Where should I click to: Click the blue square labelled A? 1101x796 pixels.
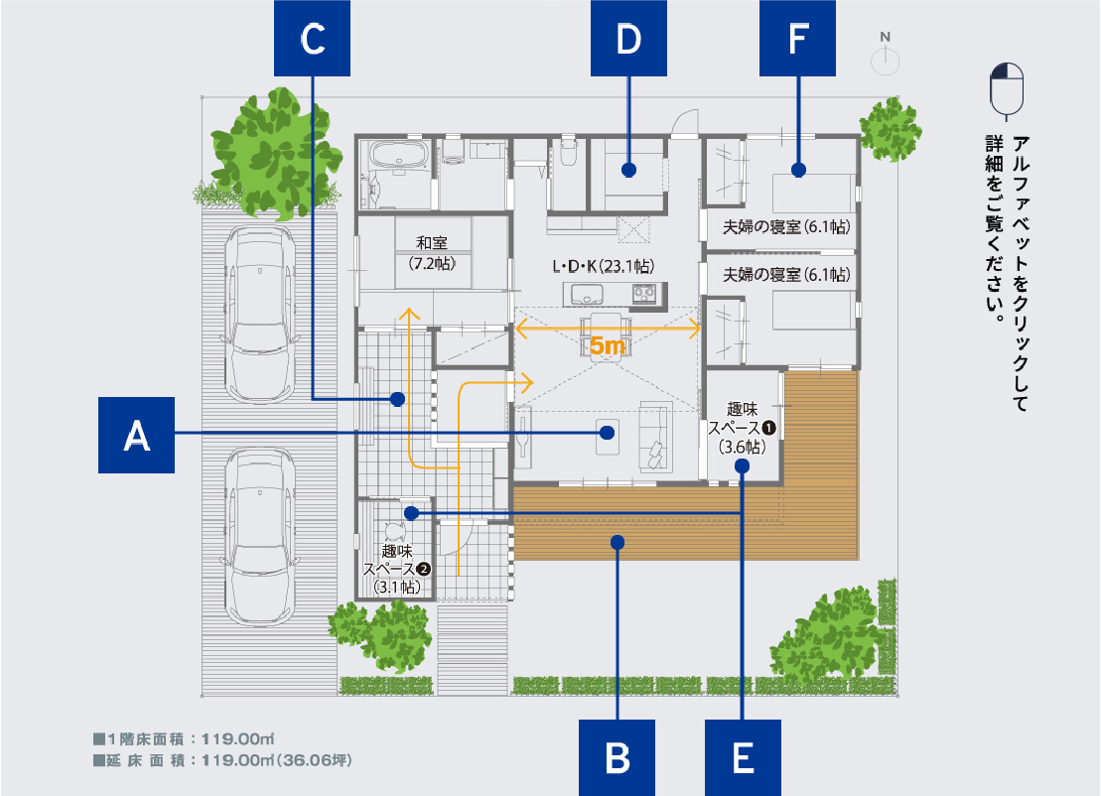click(x=137, y=435)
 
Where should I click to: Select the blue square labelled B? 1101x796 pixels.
click(x=618, y=758)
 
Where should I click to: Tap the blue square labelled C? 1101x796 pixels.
click(x=313, y=39)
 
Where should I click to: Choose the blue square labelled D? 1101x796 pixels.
click(x=628, y=39)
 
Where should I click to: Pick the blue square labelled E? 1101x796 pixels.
click(x=743, y=758)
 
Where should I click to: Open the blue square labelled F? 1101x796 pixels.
click(x=797, y=39)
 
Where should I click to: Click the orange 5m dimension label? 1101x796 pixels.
click(x=608, y=346)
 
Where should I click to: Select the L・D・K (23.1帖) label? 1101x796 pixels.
click(x=603, y=266)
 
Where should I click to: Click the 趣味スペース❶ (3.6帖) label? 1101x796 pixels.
click(x=741, y=427)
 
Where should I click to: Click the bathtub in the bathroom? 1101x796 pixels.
click(x=397, y=156)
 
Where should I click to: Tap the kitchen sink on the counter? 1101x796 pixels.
click(x=585, y=293)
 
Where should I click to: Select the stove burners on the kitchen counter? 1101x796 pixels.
click(x=643, y=293)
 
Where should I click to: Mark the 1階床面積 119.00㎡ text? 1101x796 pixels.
click(x=183, y=739)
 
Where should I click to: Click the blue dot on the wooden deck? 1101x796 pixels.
click(x=618, y=542)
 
